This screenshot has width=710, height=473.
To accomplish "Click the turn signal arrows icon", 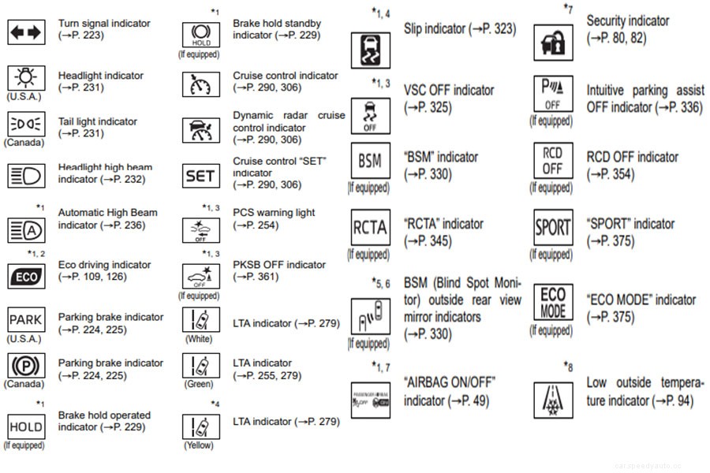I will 26,32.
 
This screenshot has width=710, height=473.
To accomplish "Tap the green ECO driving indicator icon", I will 26,277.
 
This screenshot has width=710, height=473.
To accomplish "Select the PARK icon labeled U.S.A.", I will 26,320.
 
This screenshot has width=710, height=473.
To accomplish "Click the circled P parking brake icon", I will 26,366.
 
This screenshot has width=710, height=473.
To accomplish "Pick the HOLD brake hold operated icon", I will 26,426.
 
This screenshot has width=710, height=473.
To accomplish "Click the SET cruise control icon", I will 200,177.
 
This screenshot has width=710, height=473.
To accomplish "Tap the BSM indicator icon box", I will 369,162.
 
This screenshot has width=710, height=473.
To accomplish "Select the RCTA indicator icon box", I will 369,228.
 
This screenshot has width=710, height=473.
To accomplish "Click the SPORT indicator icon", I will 552,228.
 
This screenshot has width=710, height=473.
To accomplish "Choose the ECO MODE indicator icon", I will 552,302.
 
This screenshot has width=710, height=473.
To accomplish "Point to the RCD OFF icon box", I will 552,162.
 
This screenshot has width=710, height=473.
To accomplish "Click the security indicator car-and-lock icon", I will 552,43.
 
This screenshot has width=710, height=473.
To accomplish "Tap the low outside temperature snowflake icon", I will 552,399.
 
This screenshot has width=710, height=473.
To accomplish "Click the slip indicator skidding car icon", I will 369,50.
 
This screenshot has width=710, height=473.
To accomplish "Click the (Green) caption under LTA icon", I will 199,385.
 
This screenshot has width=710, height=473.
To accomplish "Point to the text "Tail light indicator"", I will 97,121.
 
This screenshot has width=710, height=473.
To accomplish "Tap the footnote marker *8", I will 567,366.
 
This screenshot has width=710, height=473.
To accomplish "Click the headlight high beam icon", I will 26,175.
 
